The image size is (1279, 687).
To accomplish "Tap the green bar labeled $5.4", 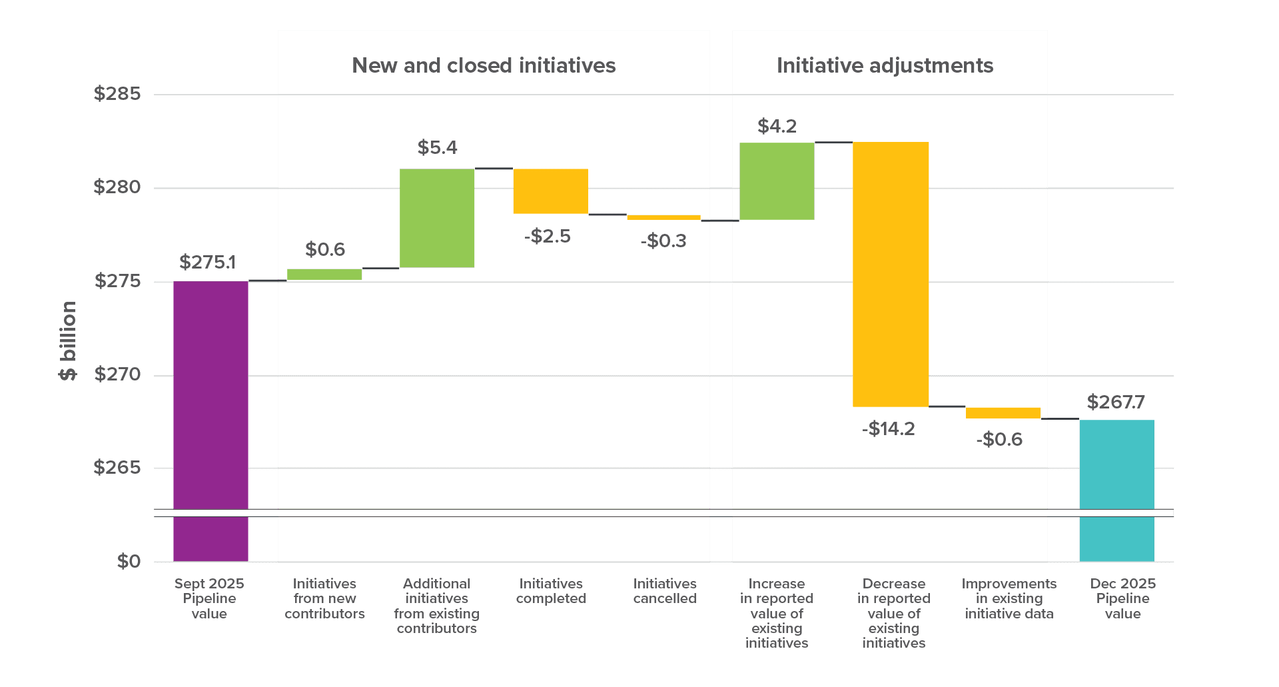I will click(437, 218).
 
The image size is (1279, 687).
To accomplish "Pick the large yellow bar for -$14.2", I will click(891, 274).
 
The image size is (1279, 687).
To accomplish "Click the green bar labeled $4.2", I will click(777, 181).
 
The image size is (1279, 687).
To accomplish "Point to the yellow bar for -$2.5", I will click(551, 191).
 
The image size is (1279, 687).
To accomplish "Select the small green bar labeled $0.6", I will click(324, 274).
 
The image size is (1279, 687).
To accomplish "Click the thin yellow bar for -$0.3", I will click(663, 217).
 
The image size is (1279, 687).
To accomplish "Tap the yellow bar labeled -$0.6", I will click(1003, 412).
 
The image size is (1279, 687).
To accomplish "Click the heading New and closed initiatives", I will click(484, 65).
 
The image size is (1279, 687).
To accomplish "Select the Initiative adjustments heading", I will click(885, 65).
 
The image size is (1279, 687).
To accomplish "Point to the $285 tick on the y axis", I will click(118, 94).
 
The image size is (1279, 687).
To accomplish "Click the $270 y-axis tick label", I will click(118, 374).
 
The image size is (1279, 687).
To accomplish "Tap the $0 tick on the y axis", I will click(129, 561).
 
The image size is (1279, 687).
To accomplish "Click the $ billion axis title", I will click(68, 341).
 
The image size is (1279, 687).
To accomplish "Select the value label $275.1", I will click(208, 263).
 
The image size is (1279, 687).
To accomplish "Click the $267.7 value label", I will click(1116, 402).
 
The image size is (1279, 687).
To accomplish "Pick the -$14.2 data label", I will click(888, 428).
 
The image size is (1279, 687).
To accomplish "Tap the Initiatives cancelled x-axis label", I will click(665, 591).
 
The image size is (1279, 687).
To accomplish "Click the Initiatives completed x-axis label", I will click(551, 591).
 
